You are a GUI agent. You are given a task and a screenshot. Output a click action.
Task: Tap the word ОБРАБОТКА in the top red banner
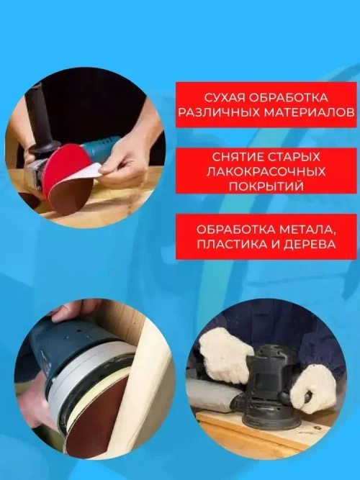tap(293, 97)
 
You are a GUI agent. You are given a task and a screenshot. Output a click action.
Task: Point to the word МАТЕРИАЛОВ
tap(309, 113)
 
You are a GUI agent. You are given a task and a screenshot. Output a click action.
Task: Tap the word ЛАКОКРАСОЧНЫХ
tap(266, 172)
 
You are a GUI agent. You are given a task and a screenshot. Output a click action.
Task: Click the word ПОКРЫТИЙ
tap(266, 186)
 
